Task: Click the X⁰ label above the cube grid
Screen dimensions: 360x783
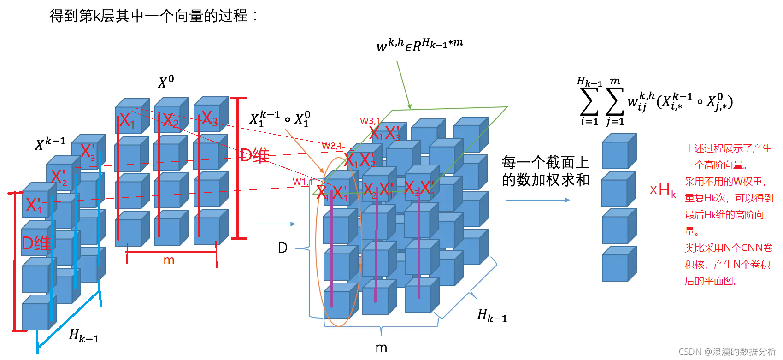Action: click(166, 82)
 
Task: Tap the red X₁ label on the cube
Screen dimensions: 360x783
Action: click(127, 121)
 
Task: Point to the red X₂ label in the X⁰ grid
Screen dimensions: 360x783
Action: click(171, 121)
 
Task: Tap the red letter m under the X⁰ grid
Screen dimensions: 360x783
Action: click(169, 260)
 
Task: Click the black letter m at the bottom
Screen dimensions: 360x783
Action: click(381, 348)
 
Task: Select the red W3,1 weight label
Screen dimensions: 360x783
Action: click(370, 121)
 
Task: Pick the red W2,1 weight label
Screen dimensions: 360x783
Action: click(332, 146)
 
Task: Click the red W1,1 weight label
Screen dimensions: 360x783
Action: click(303, 182)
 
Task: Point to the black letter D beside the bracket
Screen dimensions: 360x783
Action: click(283, 248)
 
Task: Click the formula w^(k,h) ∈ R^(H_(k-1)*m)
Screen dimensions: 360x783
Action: click(419, 45)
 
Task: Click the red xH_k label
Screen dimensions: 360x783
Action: click(663, 190)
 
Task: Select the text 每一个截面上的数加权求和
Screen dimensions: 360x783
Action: click(545, 171)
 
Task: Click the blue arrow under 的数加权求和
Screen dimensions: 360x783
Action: click(537, 200)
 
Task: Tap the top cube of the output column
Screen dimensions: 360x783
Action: click(619, 152)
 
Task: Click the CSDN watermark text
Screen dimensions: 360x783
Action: click(727, 352)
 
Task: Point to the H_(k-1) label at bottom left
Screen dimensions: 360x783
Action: click(84, 336)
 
